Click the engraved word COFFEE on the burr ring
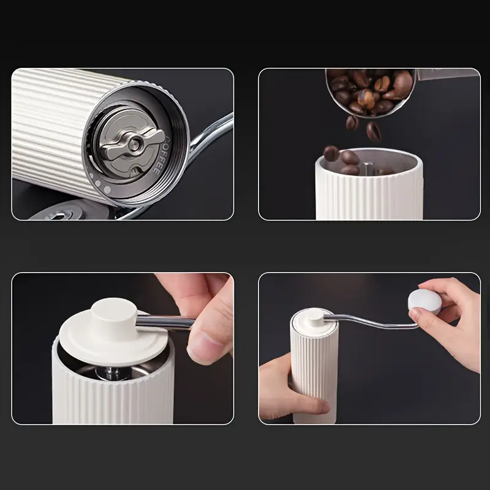click(x=154, y=158)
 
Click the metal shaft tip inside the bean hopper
click(x=366, y=164)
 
